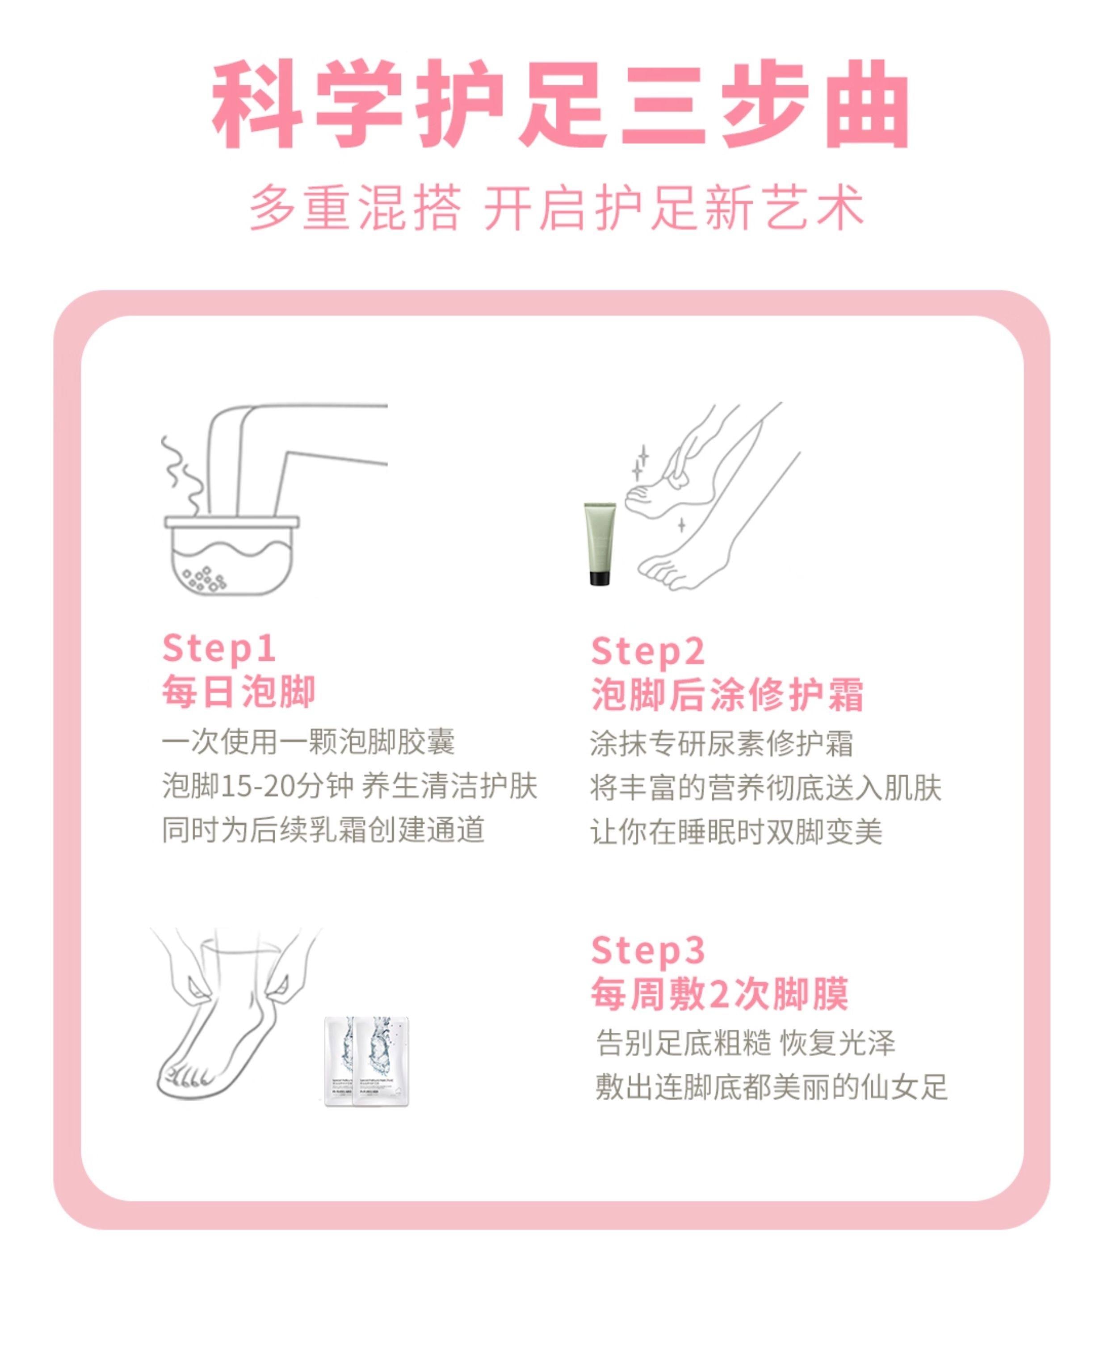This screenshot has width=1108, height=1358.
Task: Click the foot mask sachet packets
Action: (367, 1060)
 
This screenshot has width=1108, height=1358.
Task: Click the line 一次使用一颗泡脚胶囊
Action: (308, 742)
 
